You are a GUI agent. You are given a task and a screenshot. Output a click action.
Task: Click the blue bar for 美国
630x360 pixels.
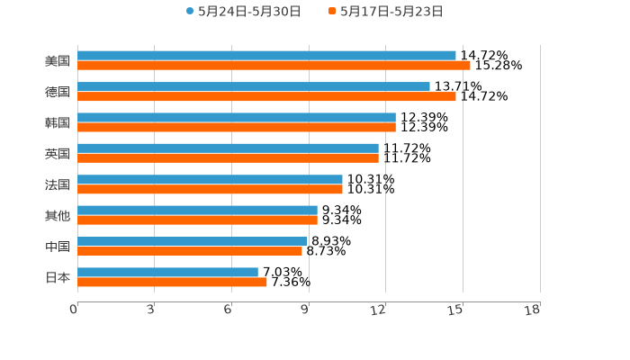266,55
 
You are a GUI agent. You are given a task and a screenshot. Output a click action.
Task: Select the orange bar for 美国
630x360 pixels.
274,66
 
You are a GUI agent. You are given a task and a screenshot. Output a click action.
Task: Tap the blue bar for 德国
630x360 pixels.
254,86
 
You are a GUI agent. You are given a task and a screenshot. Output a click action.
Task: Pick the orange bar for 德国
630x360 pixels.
266,96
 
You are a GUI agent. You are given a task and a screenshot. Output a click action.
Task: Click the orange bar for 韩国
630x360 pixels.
237,127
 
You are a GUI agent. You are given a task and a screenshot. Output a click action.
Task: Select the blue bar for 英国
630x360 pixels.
228,148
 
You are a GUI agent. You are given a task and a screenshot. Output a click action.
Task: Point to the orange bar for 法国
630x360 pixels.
210,189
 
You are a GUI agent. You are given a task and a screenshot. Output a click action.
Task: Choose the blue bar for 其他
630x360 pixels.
197,210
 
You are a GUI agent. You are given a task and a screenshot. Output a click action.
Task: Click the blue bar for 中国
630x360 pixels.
192,241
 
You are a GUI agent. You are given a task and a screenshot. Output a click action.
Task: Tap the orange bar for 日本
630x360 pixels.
172,283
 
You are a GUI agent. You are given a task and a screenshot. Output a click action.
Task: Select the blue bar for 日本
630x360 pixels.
167,272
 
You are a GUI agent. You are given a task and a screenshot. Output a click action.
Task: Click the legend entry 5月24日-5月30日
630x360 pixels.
243,12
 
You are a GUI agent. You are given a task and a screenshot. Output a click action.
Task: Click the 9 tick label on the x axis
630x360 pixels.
308,310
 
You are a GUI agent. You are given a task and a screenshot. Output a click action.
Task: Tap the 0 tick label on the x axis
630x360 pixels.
75,310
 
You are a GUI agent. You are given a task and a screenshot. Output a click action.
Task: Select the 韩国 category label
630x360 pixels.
57,122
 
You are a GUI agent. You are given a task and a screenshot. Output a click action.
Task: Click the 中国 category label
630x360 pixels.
57,247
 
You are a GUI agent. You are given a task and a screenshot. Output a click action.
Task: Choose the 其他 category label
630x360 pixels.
57,215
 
